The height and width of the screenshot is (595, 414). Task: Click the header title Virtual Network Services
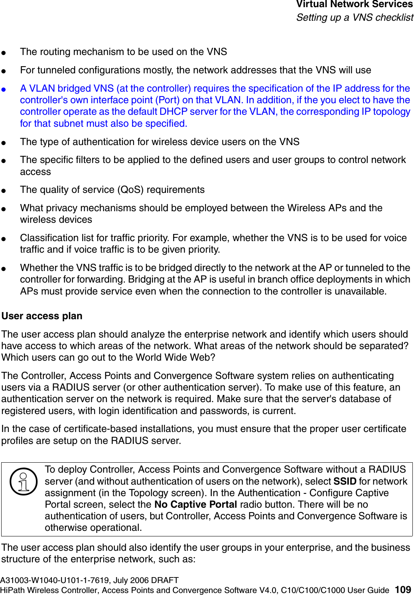click(354, 4)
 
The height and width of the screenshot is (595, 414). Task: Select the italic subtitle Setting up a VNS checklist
click(355, 18)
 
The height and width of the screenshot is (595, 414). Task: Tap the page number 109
click(403, 590)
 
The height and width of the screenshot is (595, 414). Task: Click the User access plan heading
click(42, 316)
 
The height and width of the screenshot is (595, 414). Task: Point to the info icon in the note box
click(24, 481)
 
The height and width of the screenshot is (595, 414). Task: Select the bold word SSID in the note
click(345, 481)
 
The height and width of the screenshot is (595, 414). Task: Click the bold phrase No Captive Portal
click(195, 505)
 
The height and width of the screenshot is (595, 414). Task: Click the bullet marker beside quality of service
click(4, 190)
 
